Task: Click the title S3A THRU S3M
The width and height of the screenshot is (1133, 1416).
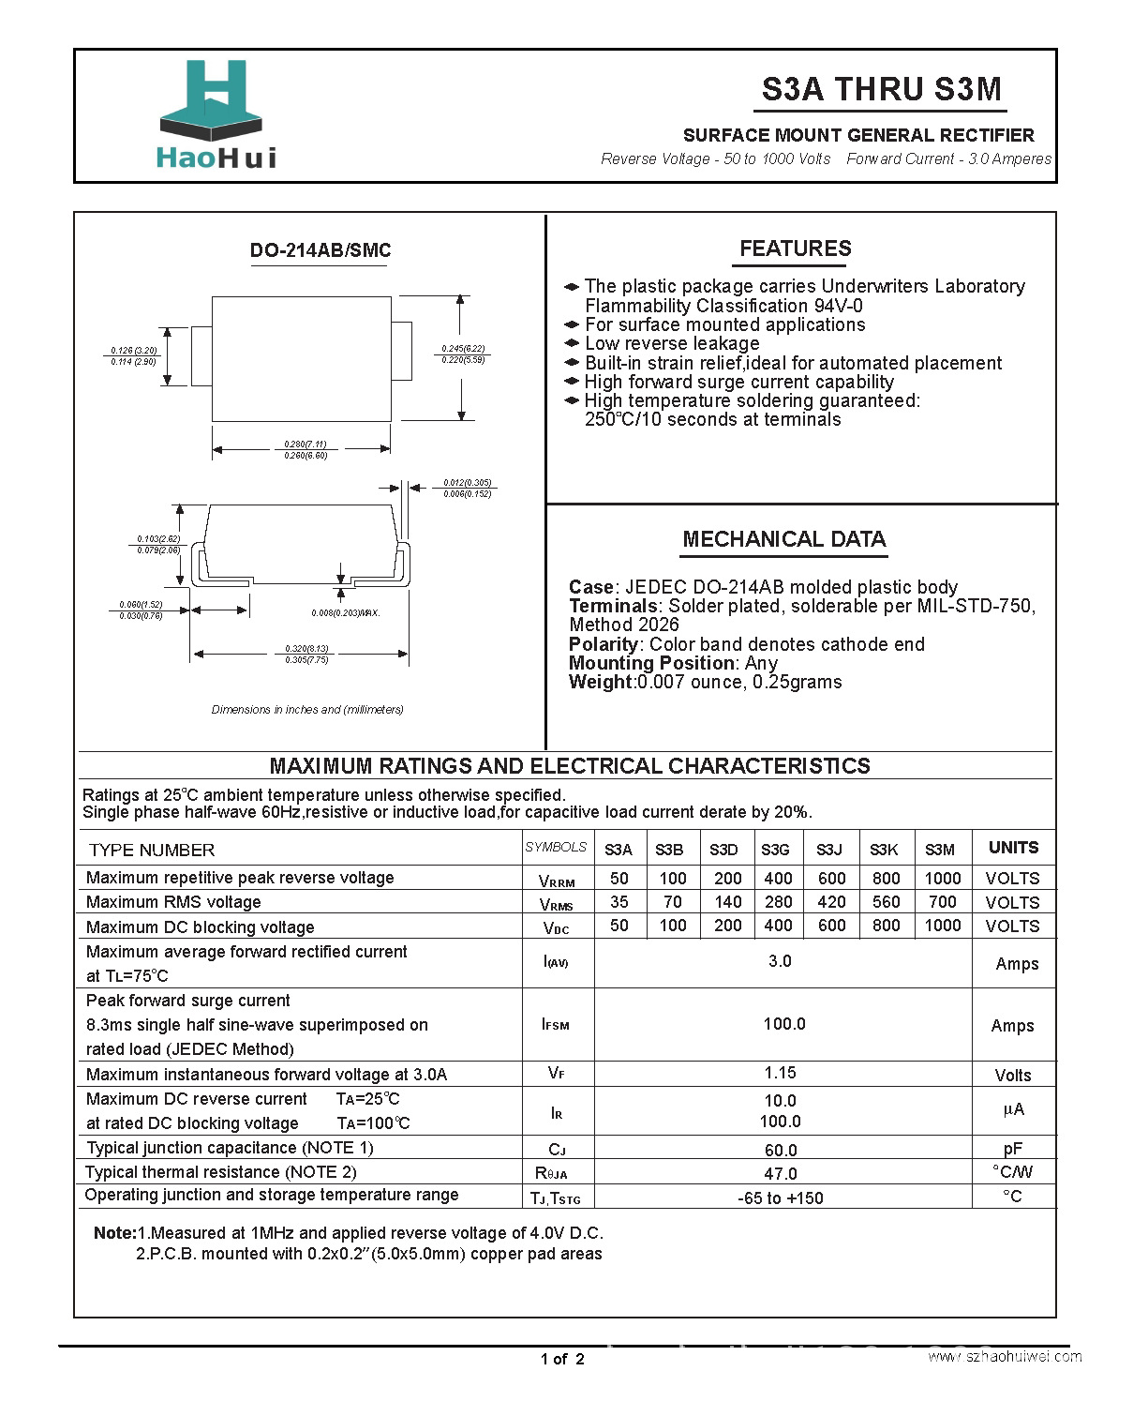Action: tap(881, 89)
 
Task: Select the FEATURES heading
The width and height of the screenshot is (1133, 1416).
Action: tap(795, 249)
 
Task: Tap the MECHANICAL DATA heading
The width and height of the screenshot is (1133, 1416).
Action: tap(783, 539)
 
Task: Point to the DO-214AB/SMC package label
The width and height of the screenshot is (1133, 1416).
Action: tap(320, 250)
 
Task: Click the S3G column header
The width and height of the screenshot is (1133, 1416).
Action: tap(775, 850)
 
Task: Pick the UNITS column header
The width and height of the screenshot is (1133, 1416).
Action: tap(1013, 848)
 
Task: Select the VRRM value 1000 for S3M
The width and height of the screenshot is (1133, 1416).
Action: tap(942, 879)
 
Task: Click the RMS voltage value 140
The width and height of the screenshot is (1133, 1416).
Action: tap(727, 902)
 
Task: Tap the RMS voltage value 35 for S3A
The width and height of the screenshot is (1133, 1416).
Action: tap(619, 902)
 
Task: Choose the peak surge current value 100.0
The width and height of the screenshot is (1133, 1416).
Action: tap(783, 1024)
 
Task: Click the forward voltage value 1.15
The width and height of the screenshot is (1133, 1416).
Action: tap(780, 1073)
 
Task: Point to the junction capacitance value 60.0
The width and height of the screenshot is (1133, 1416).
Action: tap(780, 1150)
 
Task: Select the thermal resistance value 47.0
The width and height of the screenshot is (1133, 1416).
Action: tap(780, 1174)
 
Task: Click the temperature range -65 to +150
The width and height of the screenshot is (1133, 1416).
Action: tap(780, 1198)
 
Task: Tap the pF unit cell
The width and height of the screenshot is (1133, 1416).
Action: tap(1012, 1149)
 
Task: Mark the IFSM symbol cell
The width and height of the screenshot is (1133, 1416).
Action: tap(556, 1025)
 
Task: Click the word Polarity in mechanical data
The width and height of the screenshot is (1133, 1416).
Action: tap(603, 644)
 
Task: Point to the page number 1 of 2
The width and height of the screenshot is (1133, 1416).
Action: tap(562, 1359)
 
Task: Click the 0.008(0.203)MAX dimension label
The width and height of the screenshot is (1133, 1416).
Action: tap(345, 612)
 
